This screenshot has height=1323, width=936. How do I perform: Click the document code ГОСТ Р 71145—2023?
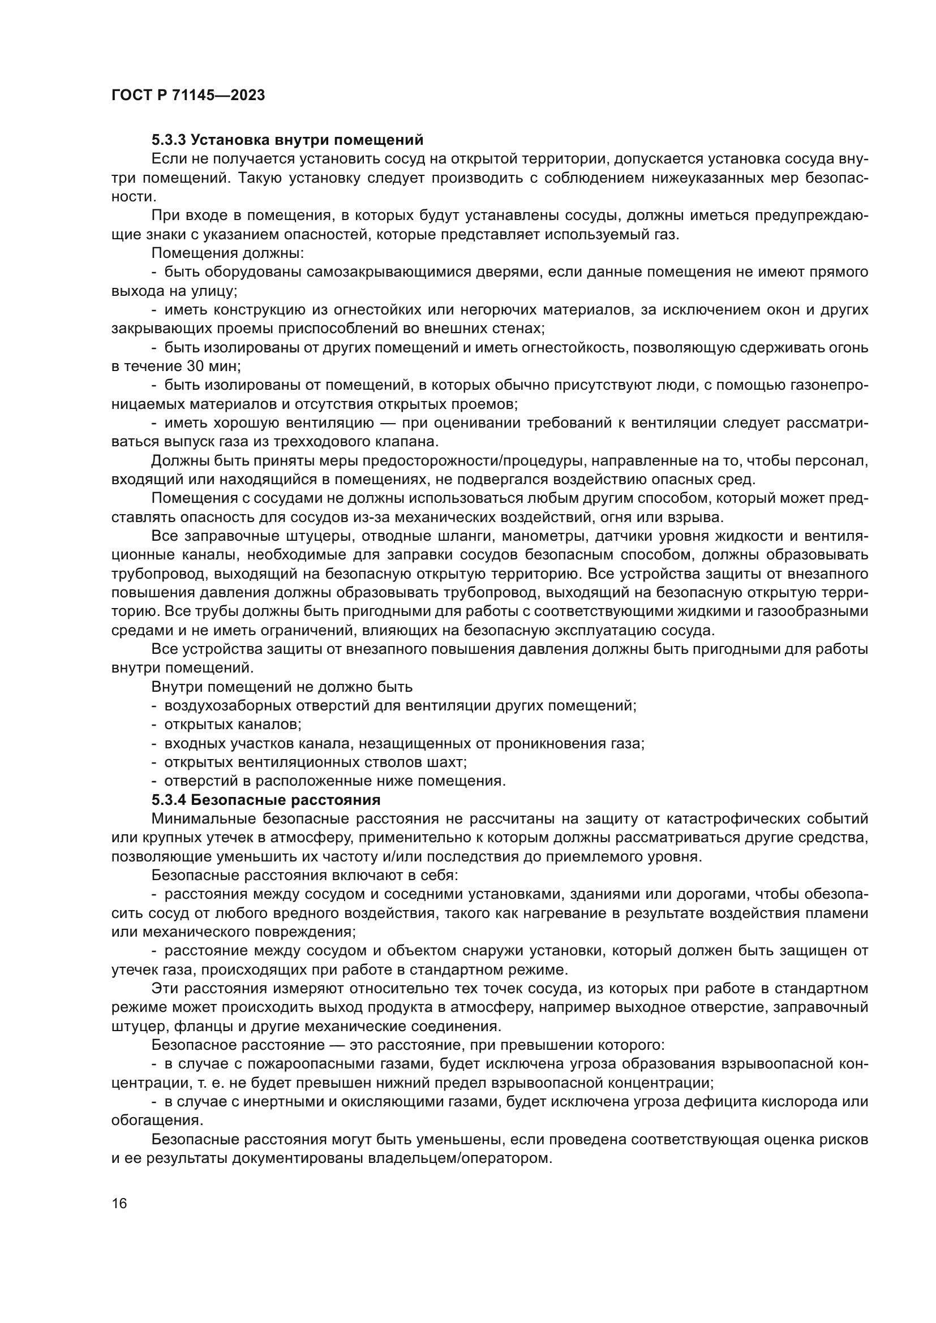click(188, 96)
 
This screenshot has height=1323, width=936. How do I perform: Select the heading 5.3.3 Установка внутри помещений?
click(287, 140)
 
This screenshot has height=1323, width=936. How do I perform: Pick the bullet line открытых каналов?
click(233, 725)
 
